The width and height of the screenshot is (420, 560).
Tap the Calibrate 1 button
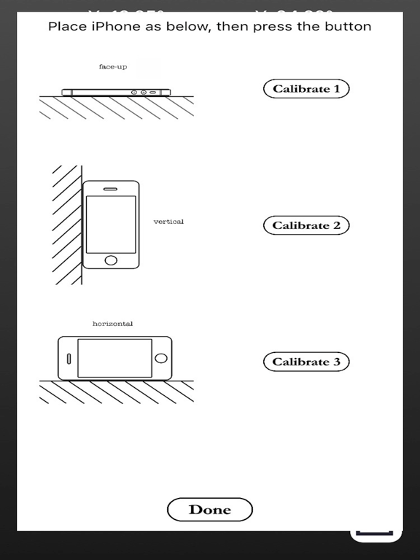(306, 89)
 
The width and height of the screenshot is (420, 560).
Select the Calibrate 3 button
(306, 362)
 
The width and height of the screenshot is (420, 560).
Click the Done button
(210, 510)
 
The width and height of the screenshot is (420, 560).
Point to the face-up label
(113, 67)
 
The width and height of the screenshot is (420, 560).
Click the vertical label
(168, 222)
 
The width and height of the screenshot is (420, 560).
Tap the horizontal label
(112, 323)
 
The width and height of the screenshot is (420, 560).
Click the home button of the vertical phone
(111, 260)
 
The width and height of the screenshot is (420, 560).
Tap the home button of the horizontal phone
(161, 358)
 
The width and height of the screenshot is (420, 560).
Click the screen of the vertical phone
(111, 224)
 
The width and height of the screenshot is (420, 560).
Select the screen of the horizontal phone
(114, 358)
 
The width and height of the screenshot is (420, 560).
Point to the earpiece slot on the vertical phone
(111, 189)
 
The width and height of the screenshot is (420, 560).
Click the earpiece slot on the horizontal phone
(69, 358)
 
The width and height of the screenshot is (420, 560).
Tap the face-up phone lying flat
(116, 93)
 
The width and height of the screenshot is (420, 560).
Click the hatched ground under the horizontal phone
(116, 392)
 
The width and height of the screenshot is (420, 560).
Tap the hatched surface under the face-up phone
(116, 107)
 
